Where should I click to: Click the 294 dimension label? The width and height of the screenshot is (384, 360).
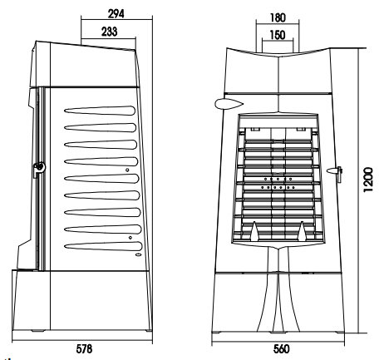(x=116, y=13)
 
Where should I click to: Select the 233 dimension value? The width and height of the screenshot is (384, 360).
(x=109, y=32)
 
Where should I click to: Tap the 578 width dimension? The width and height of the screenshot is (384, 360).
(x=84, y=348)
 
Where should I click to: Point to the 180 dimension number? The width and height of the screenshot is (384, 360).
(x=278, y=17)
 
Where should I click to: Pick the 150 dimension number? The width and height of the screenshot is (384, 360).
(x=278, y=35)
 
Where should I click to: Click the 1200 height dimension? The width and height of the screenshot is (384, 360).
(x=368, y=180)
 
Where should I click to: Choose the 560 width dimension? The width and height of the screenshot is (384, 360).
(x=281, y=349)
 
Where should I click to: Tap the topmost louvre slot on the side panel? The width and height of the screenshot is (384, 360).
(x=100, y=111)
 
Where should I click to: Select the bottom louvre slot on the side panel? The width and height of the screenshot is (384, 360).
(x=103, y=246)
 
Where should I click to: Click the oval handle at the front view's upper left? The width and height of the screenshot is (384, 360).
(x=229, y=104)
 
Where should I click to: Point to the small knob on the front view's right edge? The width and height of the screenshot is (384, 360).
(x=335, y=171)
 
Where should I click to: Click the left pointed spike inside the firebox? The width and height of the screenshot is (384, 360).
(x=254, y=230)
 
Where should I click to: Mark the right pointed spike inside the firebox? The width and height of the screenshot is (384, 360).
(x=303, y=230)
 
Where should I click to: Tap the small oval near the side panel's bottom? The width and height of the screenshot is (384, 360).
(x=138, y=254)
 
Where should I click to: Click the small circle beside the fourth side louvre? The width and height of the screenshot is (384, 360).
(x=127, y=170)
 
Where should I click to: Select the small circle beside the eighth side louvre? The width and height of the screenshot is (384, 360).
(x=130, y=238)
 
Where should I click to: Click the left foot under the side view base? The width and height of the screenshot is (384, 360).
(x=38, y=331)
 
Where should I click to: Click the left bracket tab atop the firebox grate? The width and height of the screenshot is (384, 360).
(x=255, y=129)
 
